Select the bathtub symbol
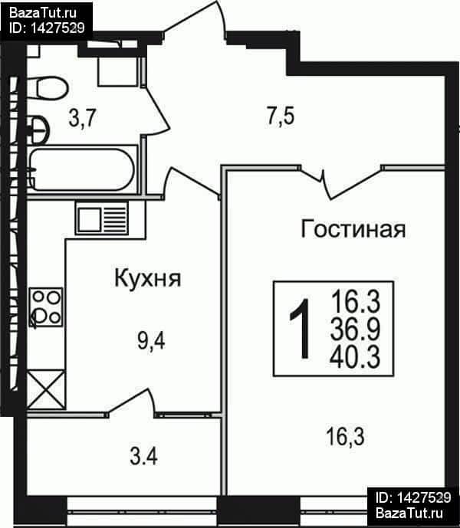[83, 169]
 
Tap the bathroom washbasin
[39, 130]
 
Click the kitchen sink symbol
[102, 218]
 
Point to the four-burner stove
[46, 307]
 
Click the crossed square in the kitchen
[46, 389]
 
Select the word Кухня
[148, 279]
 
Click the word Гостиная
[353, 229]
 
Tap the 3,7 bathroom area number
[83, 118]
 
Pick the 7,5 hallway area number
[281, 116]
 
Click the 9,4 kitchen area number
[151, 341]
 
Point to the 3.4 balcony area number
[143, 457]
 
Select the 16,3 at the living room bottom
[345, 436]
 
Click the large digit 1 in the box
[301, 329]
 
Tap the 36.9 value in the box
[355, 329]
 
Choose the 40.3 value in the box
[355, 357]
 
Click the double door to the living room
[340, 181]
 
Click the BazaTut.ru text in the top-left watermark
[43, 13]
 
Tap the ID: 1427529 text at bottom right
[413, 497]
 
